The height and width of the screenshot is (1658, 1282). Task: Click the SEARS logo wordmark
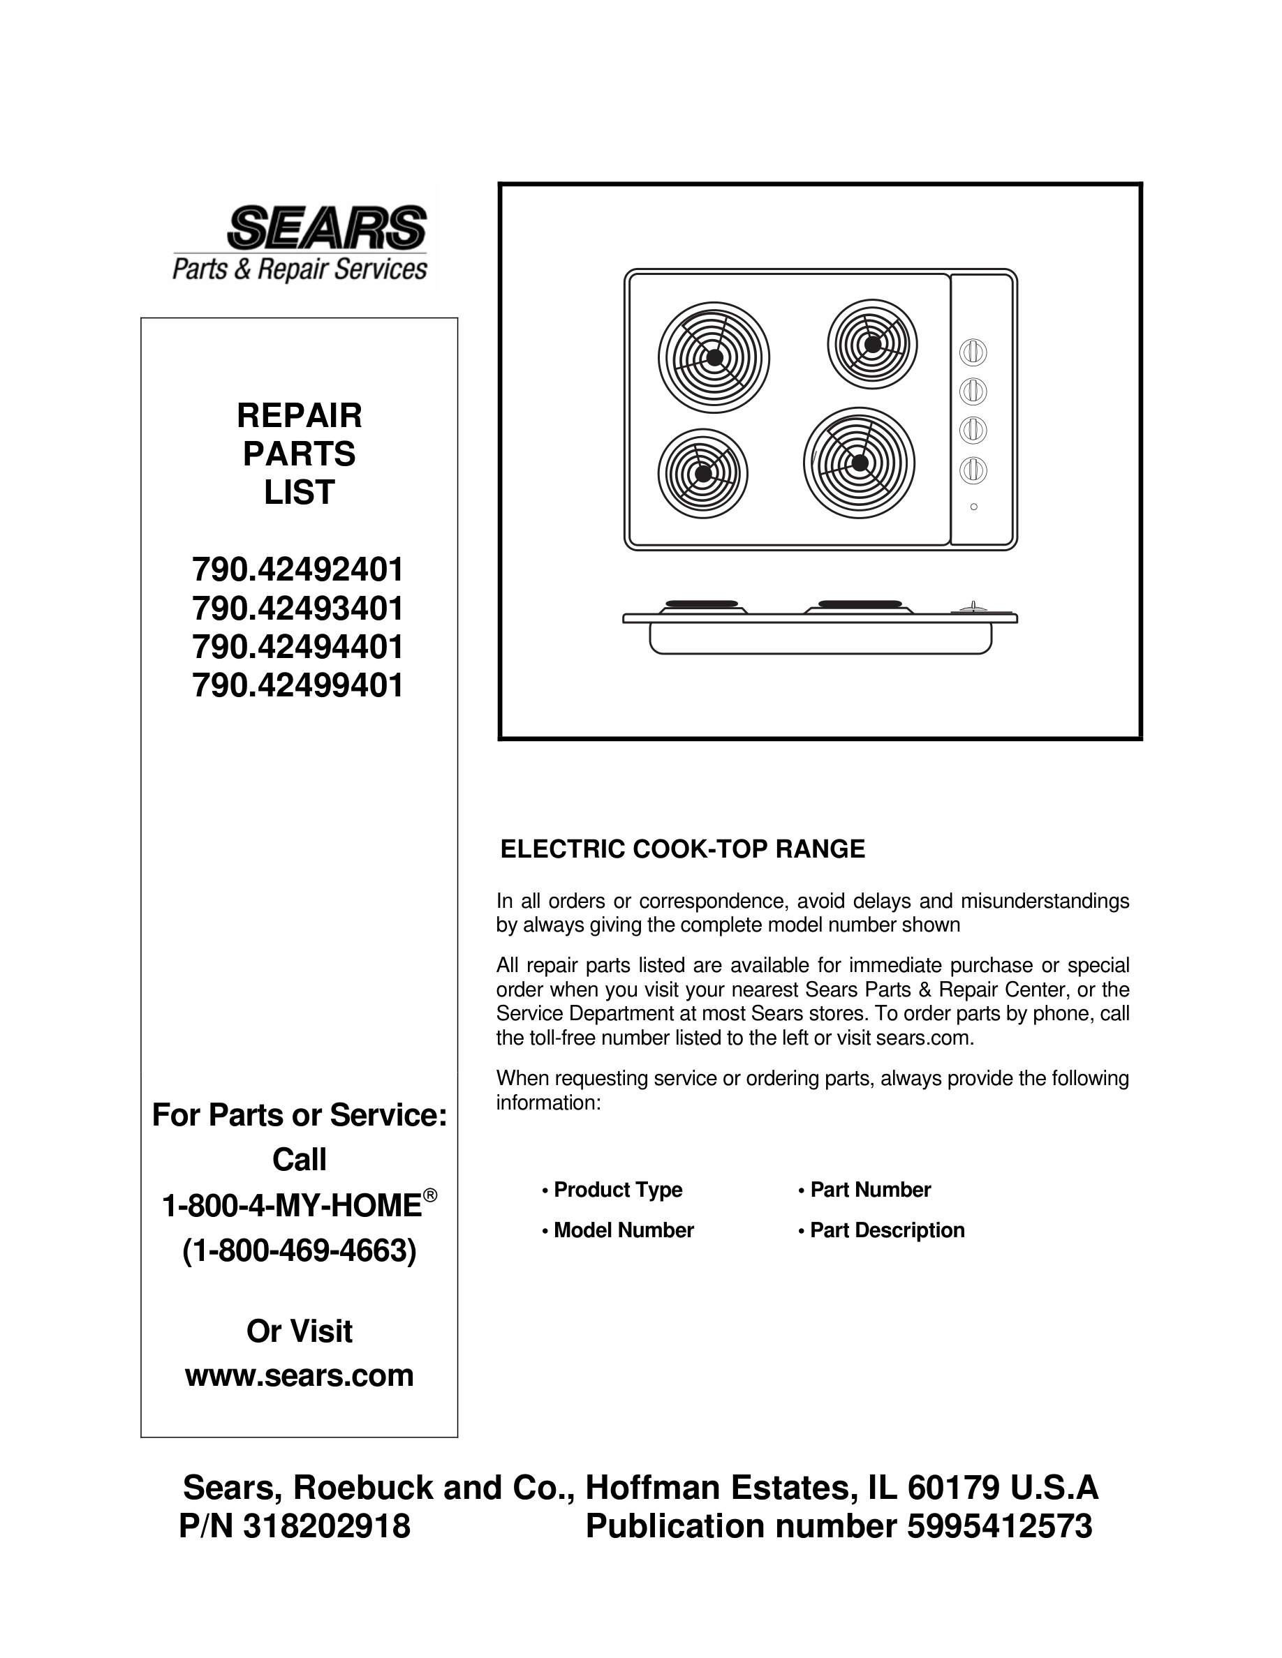(x=327, y=227)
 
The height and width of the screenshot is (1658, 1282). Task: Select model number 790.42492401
(x=297, y=569)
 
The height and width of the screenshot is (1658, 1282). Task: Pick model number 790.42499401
(x=297, y=685)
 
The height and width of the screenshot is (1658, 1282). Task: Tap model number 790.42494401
(x=297, y=647)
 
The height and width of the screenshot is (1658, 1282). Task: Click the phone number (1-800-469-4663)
(x=300, y=1250)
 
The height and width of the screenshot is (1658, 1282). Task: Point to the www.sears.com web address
(x=300, y=1375)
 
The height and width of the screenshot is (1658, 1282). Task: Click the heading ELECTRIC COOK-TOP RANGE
(x=682, y=849)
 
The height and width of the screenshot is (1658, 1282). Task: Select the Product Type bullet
(x=617, y=1190)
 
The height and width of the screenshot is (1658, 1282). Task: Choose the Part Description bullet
(x=886, y=1230)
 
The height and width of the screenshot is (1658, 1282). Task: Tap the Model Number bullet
(x=623, y=1230)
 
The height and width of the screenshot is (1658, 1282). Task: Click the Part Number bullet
(x=869, y=1190)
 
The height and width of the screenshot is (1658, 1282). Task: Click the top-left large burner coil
(x=713, y=357)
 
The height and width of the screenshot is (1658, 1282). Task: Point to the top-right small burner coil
(x=872, y=344)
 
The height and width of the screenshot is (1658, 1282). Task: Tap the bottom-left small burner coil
(x=702, y=473)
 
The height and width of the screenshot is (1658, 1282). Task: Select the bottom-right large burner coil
(x=858, y=463)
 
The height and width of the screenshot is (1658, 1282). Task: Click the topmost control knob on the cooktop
(x=973, y=352)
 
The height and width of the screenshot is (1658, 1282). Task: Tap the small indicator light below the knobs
(x=973, y=507)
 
